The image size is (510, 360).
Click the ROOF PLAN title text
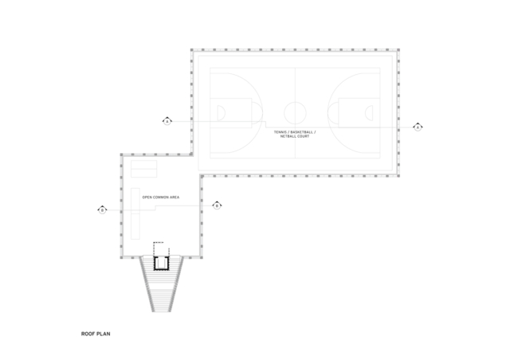coord(96,334)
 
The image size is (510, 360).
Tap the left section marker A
coord(167,121)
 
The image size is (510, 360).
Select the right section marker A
coord(418,127)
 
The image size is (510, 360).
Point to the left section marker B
coord(103,209)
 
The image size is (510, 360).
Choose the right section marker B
coord(217,205)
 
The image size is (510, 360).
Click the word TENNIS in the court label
coord(280,132)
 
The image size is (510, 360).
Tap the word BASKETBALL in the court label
coord(301,132)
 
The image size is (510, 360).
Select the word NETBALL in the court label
coord(288,136)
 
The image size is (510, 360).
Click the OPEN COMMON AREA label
coord(161,198)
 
